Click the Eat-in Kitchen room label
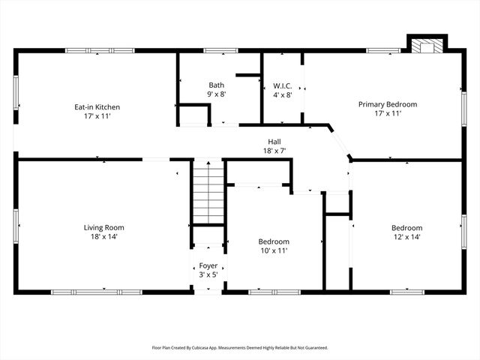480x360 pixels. pos(97,107)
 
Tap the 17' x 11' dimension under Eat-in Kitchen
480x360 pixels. pos(97,117)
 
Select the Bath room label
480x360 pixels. pos(216,85)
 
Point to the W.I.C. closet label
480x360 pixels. pos(282,85)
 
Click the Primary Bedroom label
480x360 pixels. pos(387,104)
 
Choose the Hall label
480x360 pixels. pos(275,141)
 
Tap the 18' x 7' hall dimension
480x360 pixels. pos(275,151)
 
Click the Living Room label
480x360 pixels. pos(103,227)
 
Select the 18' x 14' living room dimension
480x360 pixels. pos(103,237)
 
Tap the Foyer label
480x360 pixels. pos(208,265)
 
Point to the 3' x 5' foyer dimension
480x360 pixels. pos(208,275)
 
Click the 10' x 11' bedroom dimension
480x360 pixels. pos(274,251)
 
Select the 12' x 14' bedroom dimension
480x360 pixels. pos(406,238)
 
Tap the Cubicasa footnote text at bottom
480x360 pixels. pos(240,348)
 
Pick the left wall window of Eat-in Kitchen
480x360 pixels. pos(16,94)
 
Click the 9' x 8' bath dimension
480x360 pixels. pos(216,95)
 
